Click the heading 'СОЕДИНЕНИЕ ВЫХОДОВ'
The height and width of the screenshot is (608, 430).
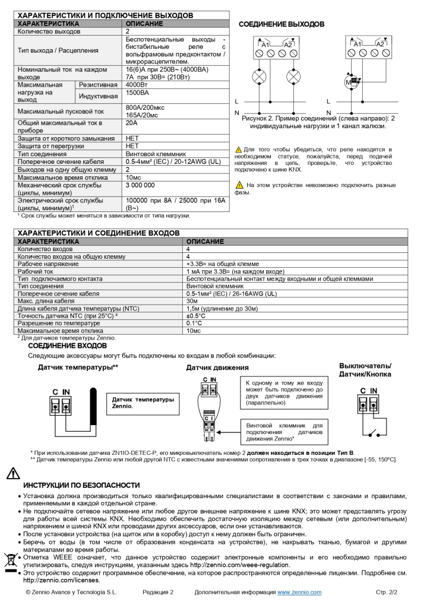point(281,24)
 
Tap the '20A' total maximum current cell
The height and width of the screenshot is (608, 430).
point(131,123)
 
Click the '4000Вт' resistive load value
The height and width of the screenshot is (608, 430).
point(137,85)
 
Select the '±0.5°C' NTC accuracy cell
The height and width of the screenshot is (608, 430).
point(195,316)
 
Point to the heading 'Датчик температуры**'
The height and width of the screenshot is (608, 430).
point(78,368)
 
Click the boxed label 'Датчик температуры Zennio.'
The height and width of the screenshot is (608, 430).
point(143,403)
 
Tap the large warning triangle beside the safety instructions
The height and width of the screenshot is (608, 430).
point(12,473)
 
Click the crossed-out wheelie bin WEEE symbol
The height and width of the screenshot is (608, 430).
point(11,561)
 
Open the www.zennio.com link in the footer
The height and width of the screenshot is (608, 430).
point(299,593)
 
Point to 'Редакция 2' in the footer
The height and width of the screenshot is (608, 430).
point(158,593)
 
